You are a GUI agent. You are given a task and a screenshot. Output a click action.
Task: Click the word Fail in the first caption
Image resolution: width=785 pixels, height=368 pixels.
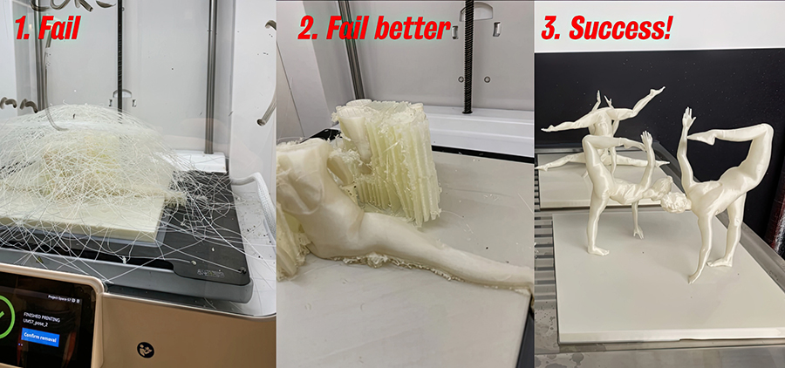click(58, 29)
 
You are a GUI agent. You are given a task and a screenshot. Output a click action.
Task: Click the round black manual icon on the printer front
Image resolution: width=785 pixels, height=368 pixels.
click(146, 350)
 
